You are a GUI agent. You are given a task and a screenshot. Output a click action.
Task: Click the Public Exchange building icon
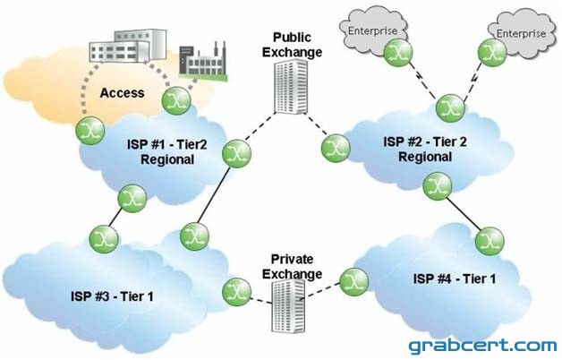coord(291,86)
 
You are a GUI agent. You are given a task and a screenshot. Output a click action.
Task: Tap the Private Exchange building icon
coord(288,306)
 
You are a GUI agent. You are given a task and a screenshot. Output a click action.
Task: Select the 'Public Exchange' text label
coord(292,45)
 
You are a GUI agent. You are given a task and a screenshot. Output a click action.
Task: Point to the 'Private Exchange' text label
coord(292,266)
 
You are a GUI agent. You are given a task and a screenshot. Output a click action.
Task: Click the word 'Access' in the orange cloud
coord(123,93)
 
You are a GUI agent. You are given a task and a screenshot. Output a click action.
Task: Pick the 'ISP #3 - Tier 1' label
coord(112,296)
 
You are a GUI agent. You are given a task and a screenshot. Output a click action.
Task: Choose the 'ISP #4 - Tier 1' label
coord(455,279)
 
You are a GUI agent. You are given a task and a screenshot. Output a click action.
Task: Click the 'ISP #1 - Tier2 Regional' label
coord(167,151)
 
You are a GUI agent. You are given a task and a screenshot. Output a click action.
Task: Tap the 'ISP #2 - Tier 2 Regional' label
coord(425,150)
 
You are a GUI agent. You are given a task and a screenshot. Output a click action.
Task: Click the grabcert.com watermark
coord(482,346)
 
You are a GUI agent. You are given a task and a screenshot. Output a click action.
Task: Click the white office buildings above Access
coord(128,46)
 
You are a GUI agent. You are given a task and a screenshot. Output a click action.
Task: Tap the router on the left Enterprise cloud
coord(398,53)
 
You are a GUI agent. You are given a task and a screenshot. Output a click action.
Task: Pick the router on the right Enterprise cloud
coord(492,52)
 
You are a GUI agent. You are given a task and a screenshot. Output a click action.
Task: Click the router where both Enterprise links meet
coord(450,108)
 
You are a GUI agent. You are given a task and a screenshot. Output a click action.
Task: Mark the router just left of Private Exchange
coord(236,292)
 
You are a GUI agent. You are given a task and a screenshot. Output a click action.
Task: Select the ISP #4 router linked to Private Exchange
coord(353,282)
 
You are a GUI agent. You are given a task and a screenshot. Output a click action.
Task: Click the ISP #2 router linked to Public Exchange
coord(336,148)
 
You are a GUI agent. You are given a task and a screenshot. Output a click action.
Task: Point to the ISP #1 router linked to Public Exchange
coord(236,153)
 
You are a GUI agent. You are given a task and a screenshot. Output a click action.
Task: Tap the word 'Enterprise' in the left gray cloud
coord(373,31)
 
